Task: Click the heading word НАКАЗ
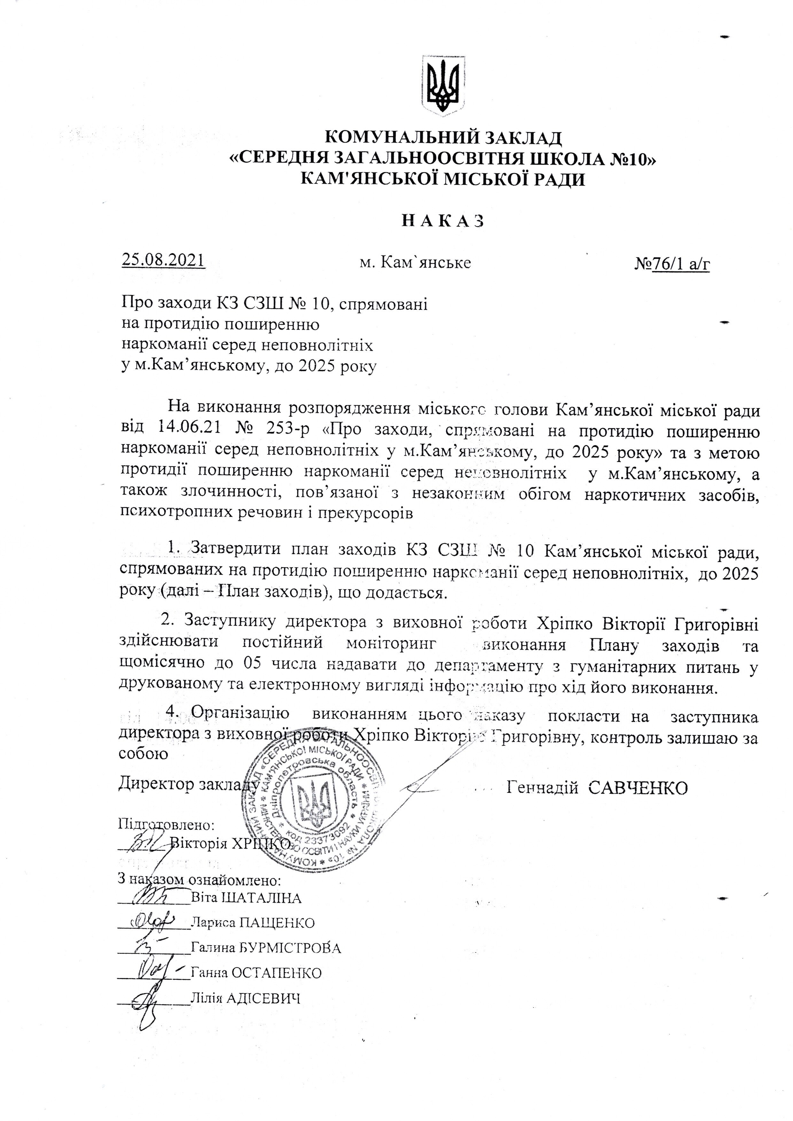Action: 443,221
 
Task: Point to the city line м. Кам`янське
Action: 415,263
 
